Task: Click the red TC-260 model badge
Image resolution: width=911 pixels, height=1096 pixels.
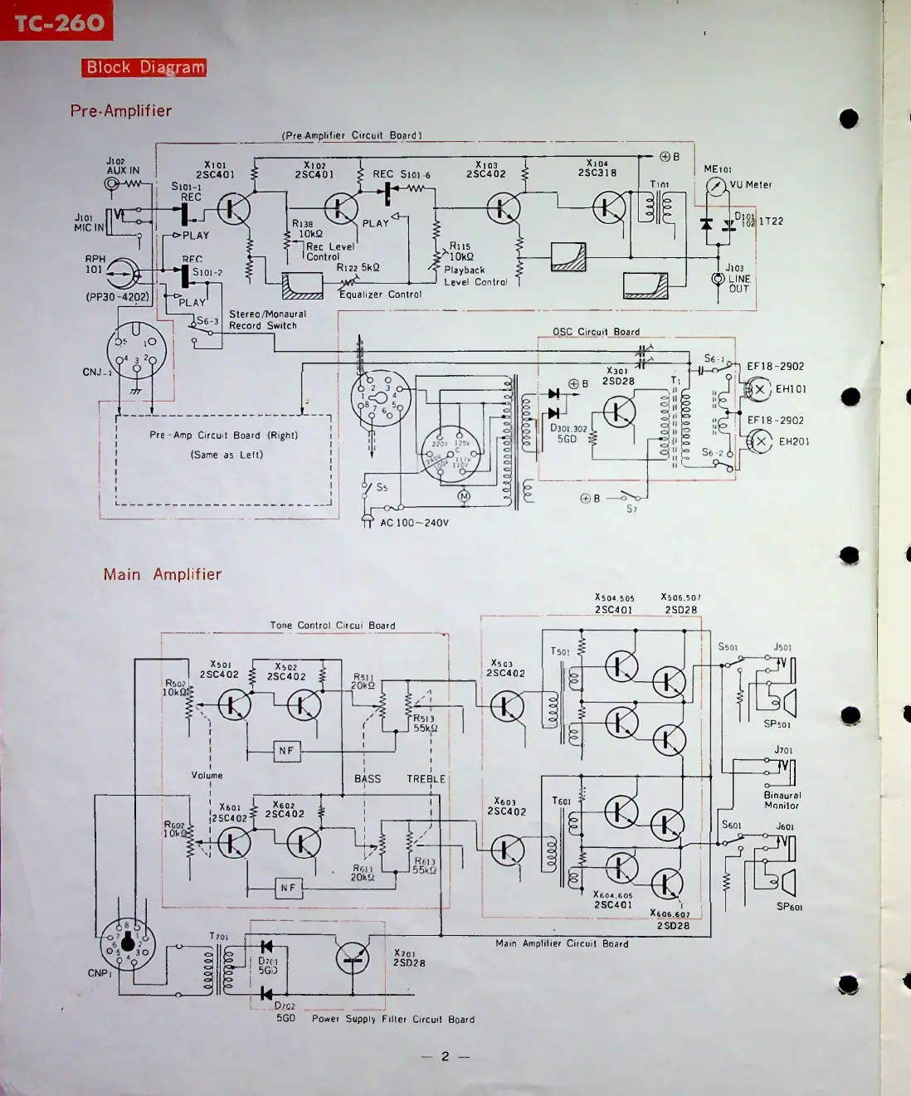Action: pyautogui.click(x=56, y=22)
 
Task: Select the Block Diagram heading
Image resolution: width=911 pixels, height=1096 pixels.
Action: pyautogui.click(x=144, y=68)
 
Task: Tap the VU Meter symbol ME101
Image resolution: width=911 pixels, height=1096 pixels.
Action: pyautogui.click(x=715, y=187)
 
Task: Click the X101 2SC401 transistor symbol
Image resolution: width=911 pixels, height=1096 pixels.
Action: pyautogui.click(x=234, y=208)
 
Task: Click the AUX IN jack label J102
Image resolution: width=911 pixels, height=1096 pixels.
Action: pyautogui.click(x=115, y=161)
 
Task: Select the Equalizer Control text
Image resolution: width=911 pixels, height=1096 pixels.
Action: pyautogui.click(x=380, y=295)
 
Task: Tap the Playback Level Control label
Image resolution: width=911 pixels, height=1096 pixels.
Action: pyautogui.click(x=475, y=276)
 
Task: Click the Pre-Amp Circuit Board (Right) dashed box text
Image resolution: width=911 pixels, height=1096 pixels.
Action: pyautogui.click(x=223, y=435)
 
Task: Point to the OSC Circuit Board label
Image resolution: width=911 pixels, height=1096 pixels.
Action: pyautogui.click(x=596, y=332)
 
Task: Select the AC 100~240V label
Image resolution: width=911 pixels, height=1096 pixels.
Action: pyautogui.click(x=414, y=523)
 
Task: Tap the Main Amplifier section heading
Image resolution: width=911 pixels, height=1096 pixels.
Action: pyautogui.click(x=163, y=574)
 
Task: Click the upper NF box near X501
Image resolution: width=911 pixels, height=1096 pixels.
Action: pyautogui.click(x=286, y=751)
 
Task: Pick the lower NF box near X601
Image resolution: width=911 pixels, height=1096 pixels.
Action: pyautogui.click(x=287, y=888)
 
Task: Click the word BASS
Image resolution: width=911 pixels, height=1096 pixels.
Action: pyautogui.click(x=368, y=779)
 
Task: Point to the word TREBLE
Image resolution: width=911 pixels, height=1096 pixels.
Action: pyautogui.click(x=426, y=779)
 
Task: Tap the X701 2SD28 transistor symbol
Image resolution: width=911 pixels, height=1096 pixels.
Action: pyautogui.click(x=353, y=958)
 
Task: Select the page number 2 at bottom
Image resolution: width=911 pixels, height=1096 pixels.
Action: pyautogui.click(x=445, y=1056)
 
